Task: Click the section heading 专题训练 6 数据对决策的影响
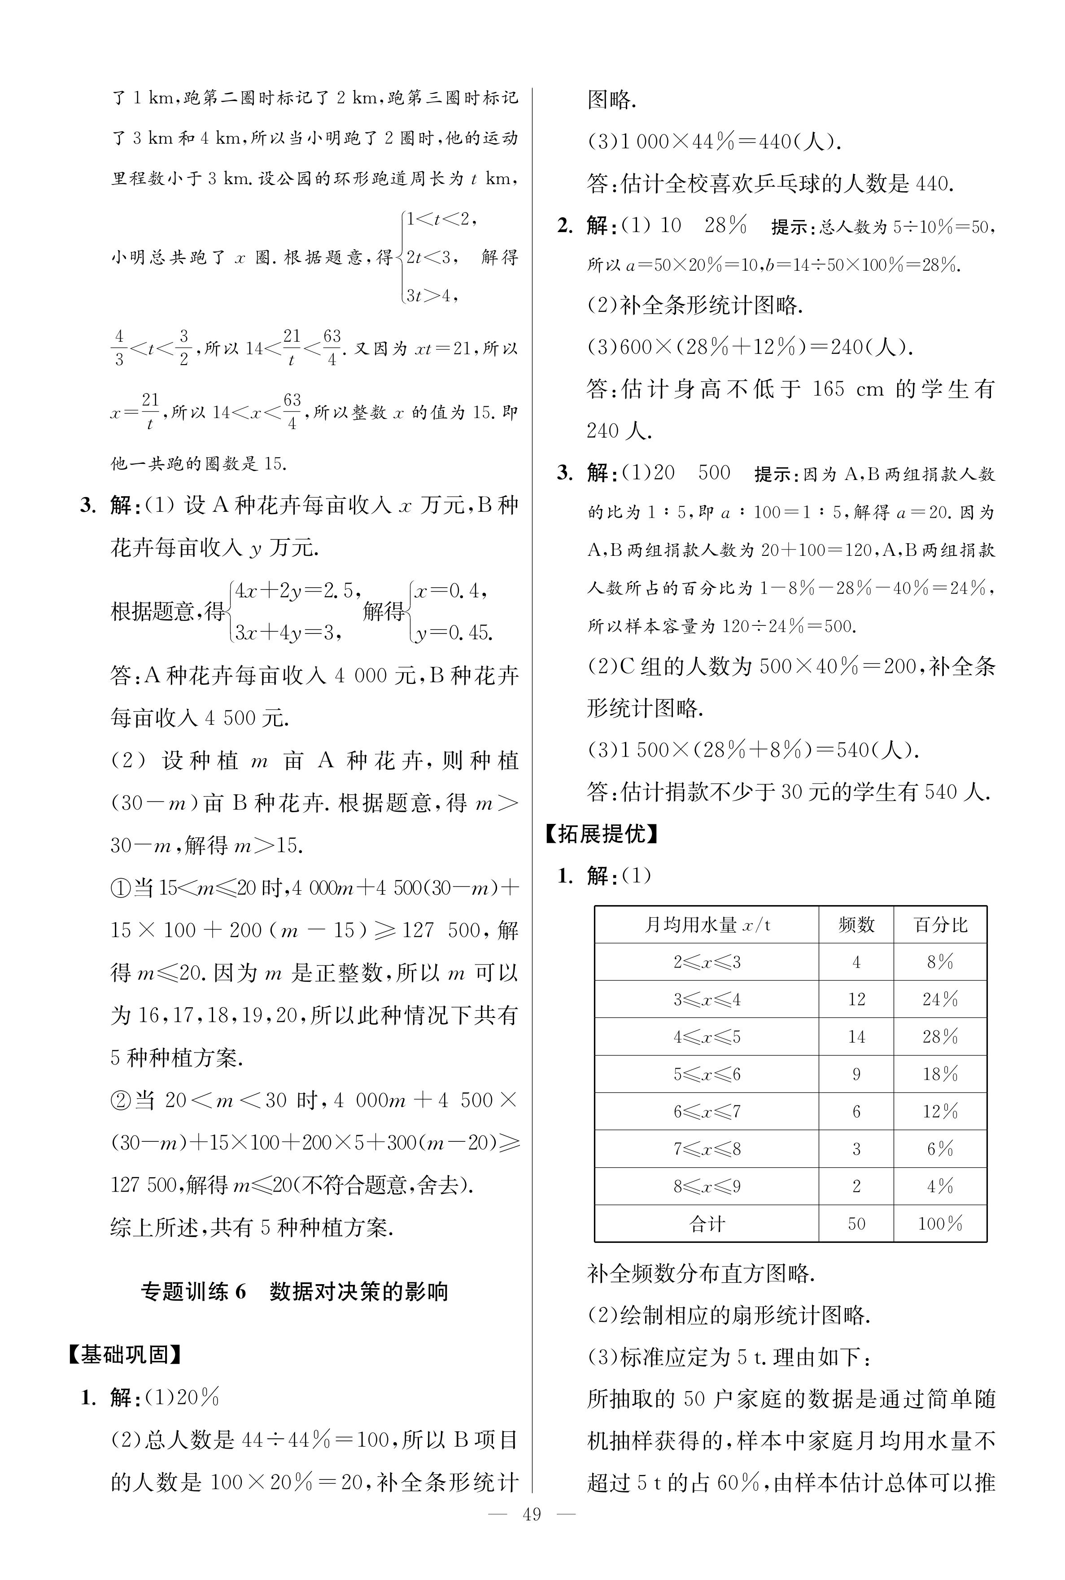(294, 1291)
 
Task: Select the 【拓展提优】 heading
(602, 834)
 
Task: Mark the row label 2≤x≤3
(707, 962)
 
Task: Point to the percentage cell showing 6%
(940, 1149)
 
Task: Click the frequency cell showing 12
(856, 999)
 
